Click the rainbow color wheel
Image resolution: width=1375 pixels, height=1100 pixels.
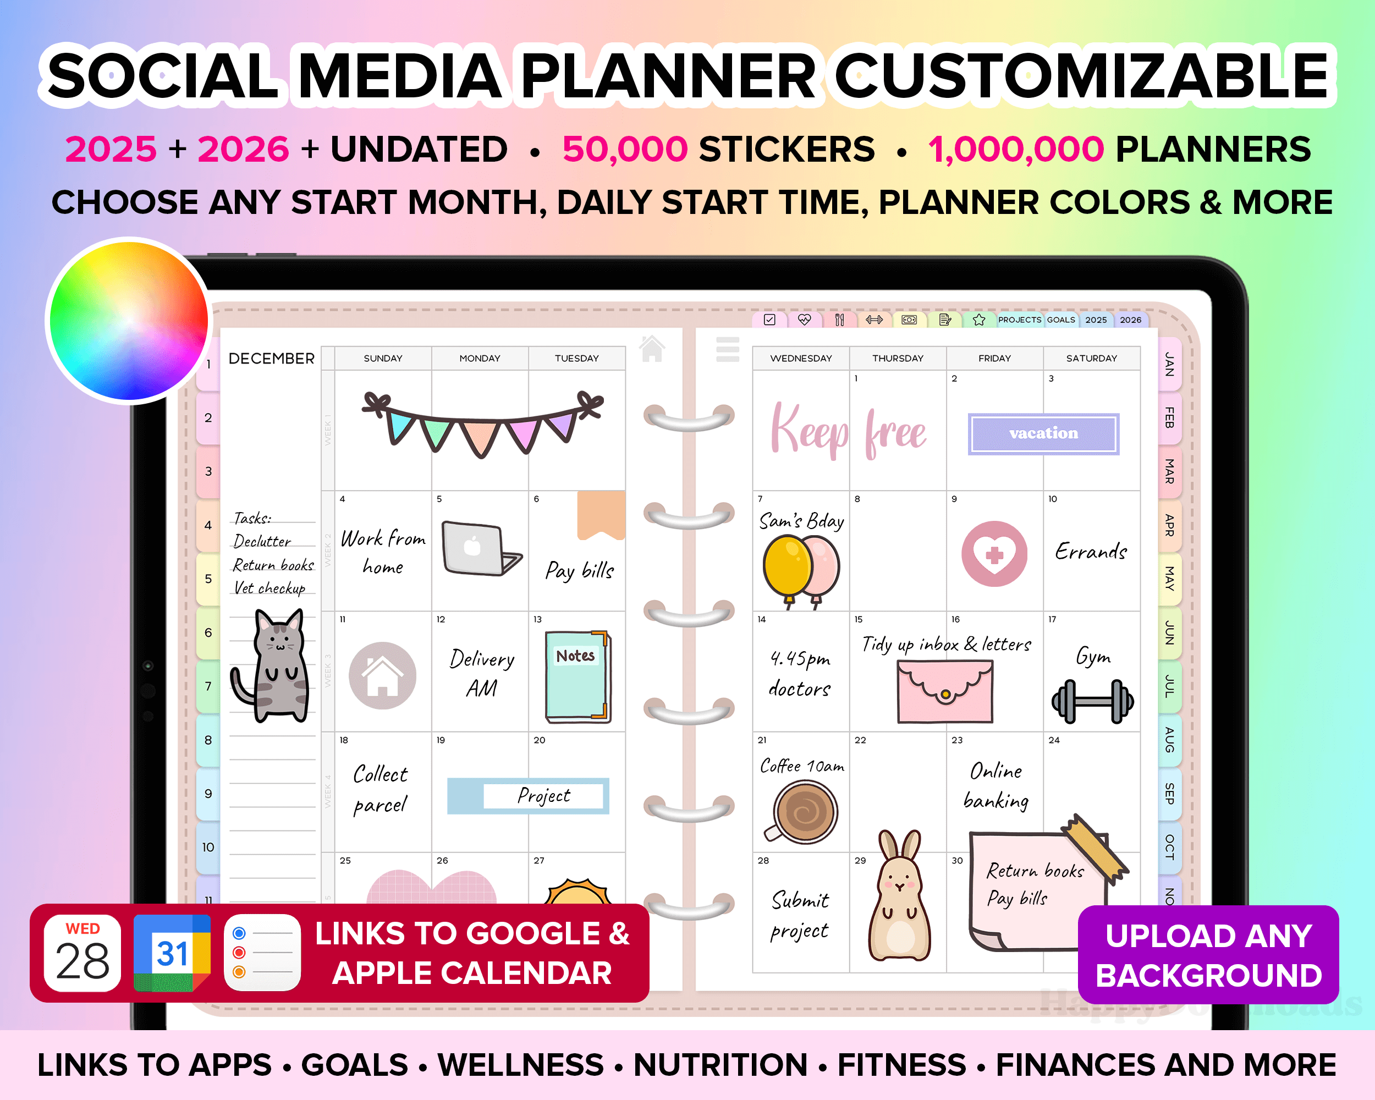[x=129, y=321]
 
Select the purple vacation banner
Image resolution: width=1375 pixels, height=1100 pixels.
[x=1043, y=433]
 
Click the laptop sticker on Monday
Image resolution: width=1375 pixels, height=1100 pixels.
[x=478, y=548]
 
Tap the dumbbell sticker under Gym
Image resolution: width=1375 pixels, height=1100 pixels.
[x=1092, y=701]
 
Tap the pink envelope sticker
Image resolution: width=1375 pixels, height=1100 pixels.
[x=944, y=691]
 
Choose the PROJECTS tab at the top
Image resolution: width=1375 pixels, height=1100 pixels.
[x=1019, y=320]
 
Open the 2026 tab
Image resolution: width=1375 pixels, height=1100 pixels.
[x=1130, y=320]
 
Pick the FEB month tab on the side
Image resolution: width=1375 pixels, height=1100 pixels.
[x=1169, y=417]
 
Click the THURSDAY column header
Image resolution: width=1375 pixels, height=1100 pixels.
[x=897, y=359]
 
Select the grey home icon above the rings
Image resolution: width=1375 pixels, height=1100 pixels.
[x=652, y=349]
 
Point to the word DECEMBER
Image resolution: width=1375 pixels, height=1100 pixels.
[x=271, y=359]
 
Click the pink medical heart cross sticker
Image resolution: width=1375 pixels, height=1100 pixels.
[x=994, y=553]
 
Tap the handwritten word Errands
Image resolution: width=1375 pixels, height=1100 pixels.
[x=1091, y=551]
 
